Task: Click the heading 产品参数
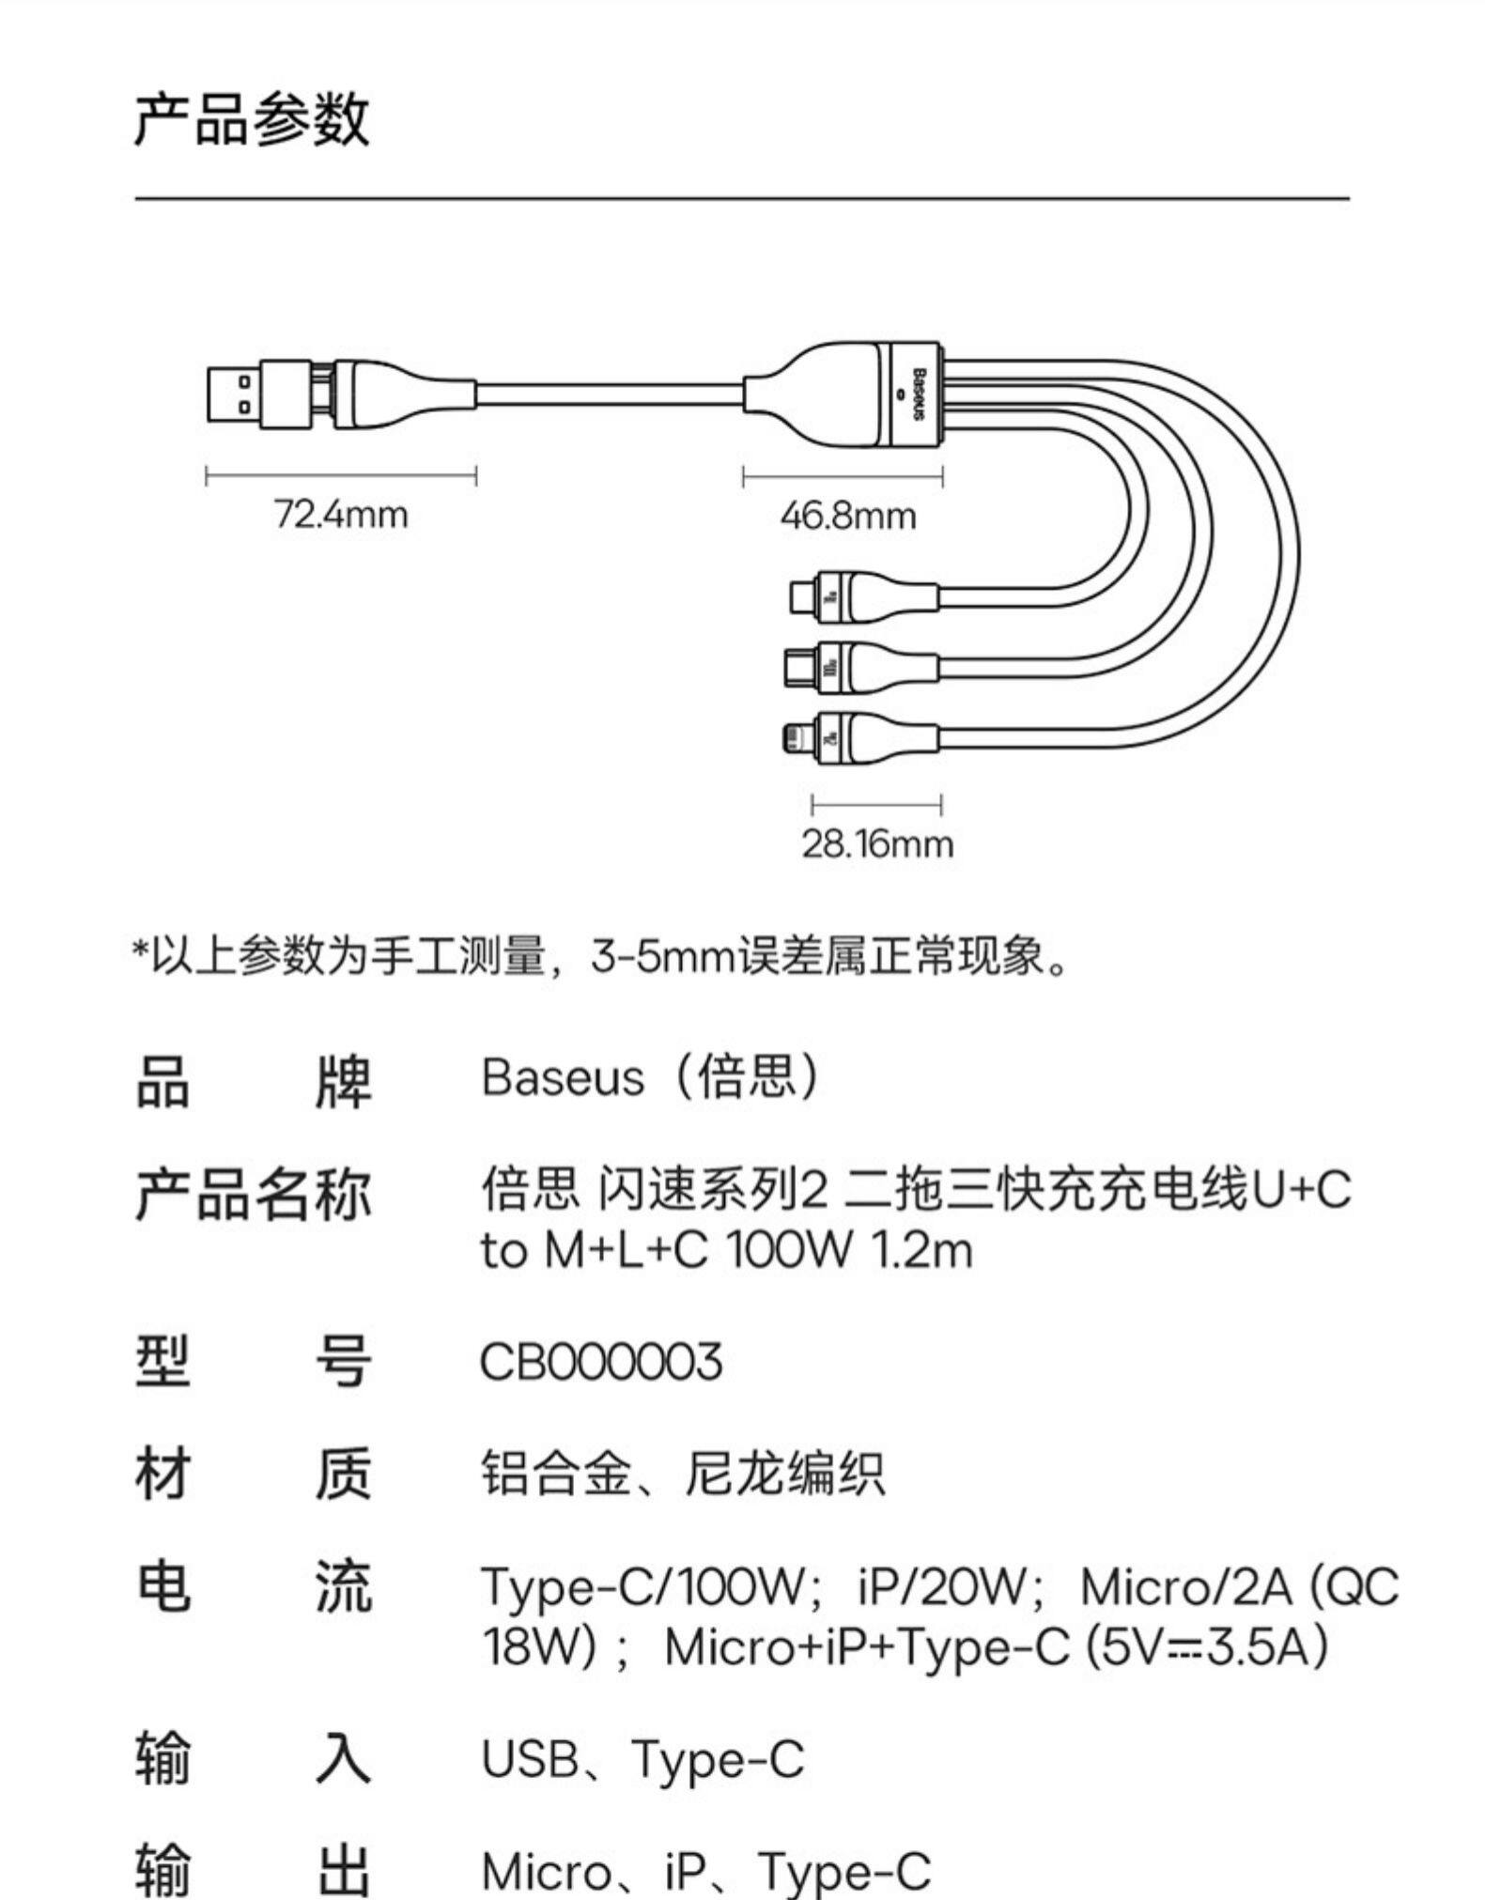point(252,119)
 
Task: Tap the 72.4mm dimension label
point(341,515)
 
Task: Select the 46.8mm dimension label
point(847,516)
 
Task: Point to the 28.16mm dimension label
point(876,843)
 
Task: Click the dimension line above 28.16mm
point(876,804)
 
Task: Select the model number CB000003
point(600,1361)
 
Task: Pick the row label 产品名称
point(253,1196)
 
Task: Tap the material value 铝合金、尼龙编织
point(683,1473)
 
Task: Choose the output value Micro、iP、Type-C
point(705,1870)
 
